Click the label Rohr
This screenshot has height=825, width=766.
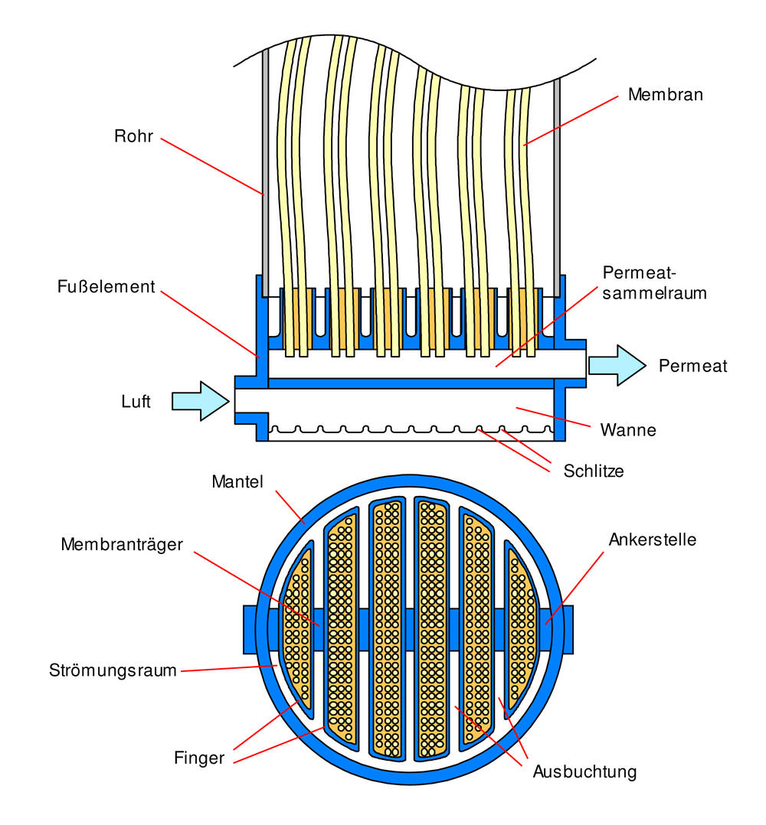pos(134,137)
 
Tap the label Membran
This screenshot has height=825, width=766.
pos(665,95)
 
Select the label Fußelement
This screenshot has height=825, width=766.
pos(106,288)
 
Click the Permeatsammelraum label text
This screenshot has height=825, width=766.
pos(653,282)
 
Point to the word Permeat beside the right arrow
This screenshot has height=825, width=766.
pos(692,367)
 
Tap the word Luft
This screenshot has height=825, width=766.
pos(136,401)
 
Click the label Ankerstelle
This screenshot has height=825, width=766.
pos(652,540)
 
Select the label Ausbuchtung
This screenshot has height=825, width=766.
pos(584,771)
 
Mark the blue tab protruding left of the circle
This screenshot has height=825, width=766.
pos(249,629)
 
